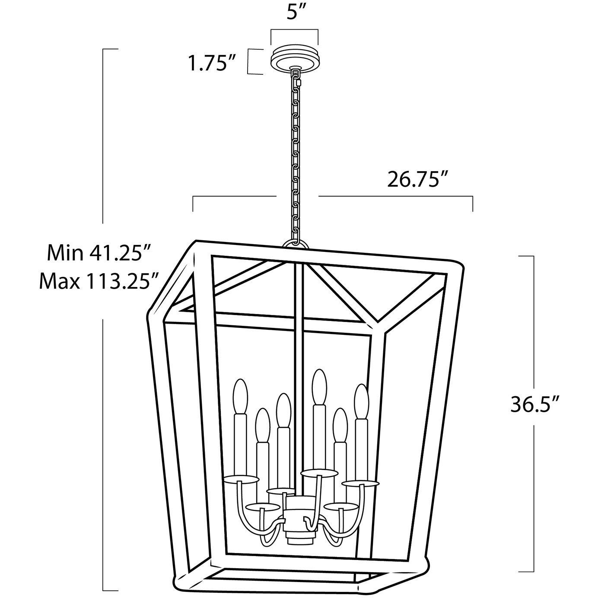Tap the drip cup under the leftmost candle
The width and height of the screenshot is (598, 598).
[x=241, y=488]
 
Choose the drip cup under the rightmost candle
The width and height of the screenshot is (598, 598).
[x=361, y=492]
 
